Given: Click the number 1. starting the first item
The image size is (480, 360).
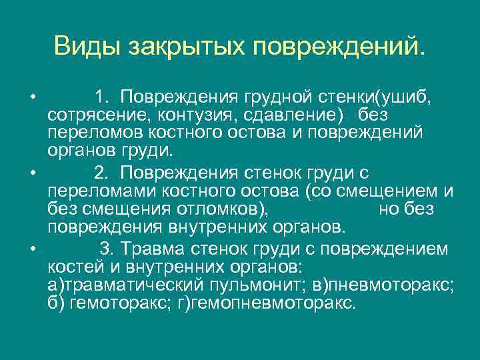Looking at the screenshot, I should coord(103,99).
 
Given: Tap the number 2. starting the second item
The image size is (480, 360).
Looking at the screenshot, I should coord(103,174).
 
